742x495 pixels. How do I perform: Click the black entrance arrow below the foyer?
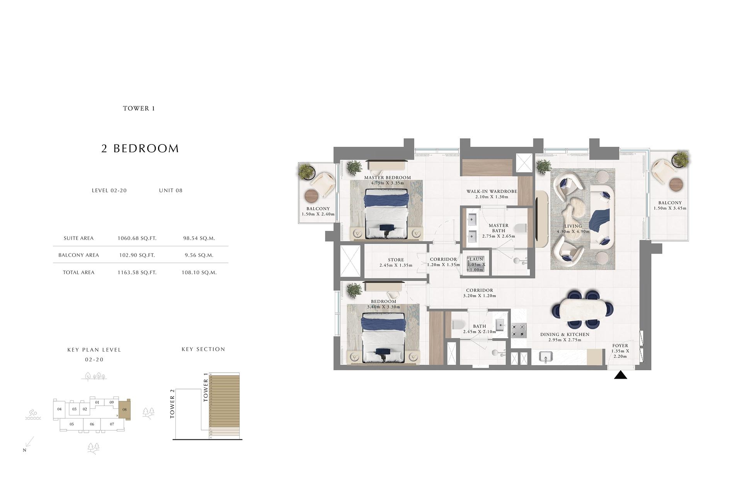(x=620, y=375)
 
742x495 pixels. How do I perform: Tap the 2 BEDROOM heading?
(x=140, y=149)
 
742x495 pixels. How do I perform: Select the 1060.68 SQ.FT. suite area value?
(x=137, y=238)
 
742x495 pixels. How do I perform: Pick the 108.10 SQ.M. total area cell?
(x=199, y=272)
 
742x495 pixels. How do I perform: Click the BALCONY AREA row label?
(x=78, y=255)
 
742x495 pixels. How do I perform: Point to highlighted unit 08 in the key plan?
(x=124, y=410)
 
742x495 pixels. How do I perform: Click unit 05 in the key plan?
(x=71, y=424)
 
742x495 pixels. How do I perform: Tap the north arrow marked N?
(x=29, y=443)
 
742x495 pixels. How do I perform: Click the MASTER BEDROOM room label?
(x=387, y=178)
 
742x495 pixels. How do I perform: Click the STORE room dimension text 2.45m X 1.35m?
(x=396, y=265)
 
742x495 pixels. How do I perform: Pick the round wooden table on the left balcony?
(x=311, y=196)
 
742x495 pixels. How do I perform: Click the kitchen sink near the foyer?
(x=545, y=356)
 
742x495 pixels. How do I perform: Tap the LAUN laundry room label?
(x=476, y=259)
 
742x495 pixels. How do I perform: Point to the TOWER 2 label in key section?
(x=172, y=403)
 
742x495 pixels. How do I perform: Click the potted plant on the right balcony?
(x=680, y=159)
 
